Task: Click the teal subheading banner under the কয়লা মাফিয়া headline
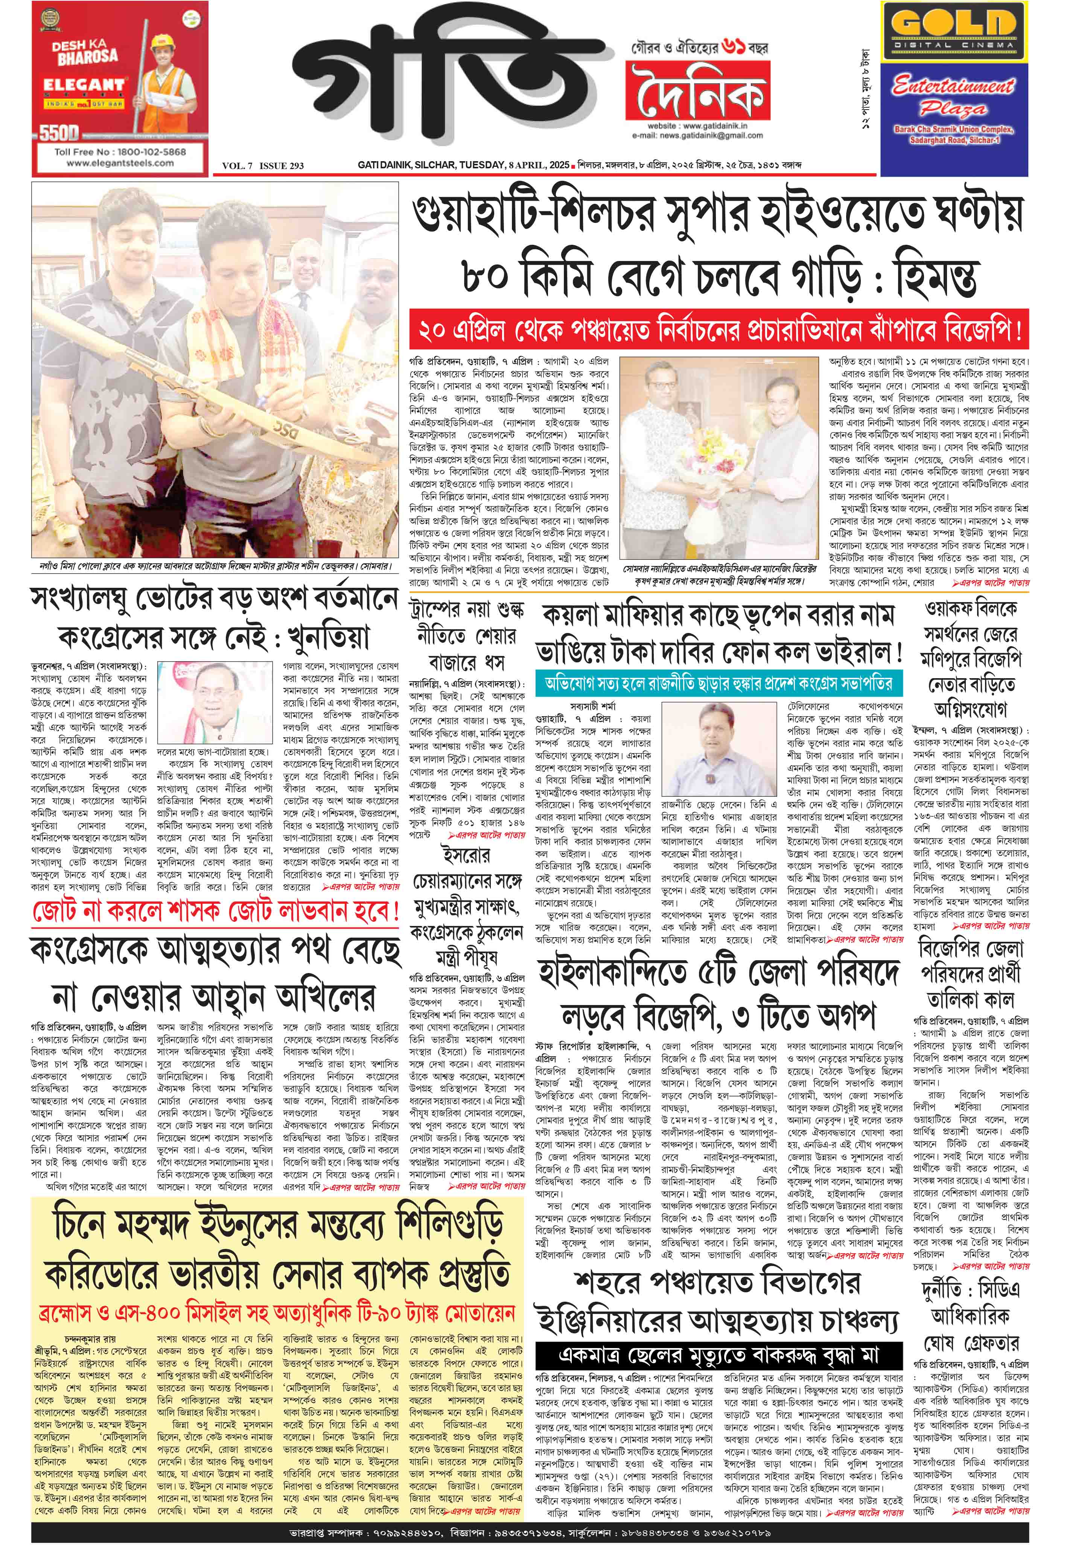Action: (x=718, y=684)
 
